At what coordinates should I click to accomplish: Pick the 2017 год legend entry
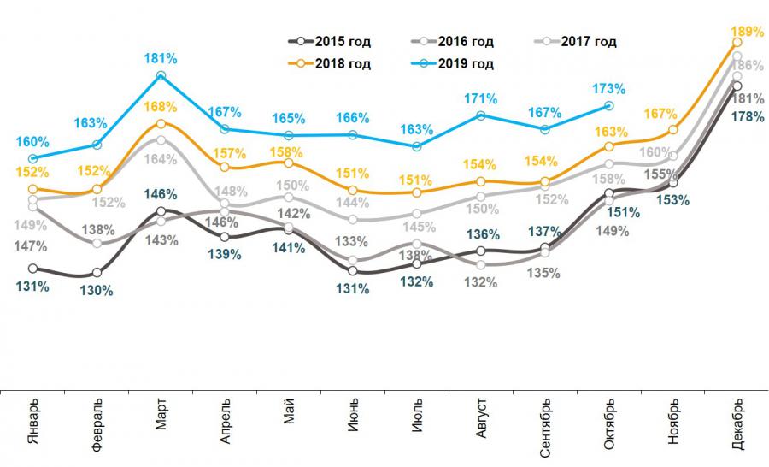580,41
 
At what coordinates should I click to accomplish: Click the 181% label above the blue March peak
161,59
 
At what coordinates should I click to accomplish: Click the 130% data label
97,291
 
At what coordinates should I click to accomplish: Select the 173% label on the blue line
609,87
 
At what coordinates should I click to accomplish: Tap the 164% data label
161,159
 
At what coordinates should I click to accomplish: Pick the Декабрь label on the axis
737,419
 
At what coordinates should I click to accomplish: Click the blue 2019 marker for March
161,77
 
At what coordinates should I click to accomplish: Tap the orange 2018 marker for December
737,42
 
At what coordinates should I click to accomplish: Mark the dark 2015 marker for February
97,273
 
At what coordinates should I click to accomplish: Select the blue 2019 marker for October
609,105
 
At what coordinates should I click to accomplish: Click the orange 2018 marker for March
161,124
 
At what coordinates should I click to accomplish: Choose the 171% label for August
481,98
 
